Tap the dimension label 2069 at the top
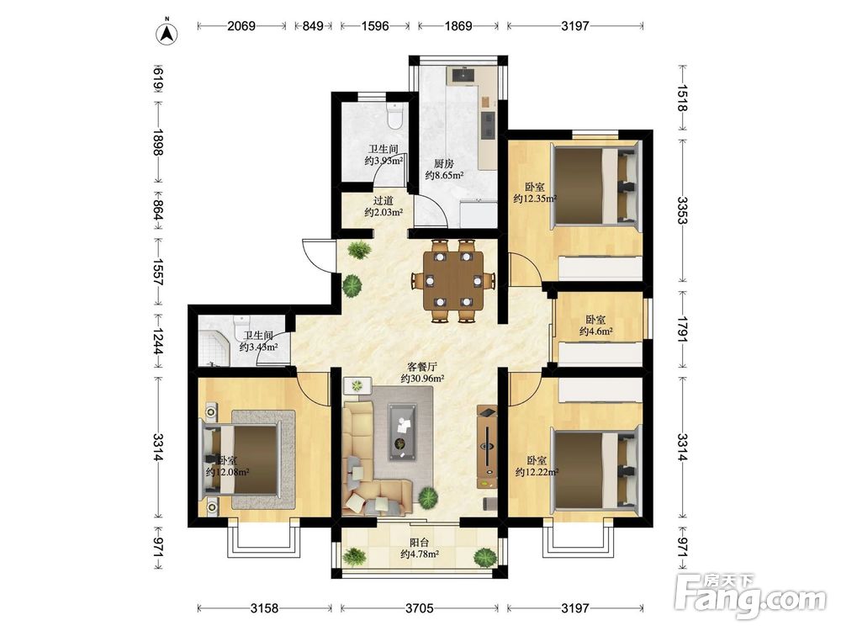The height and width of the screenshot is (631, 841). tap(241, 25)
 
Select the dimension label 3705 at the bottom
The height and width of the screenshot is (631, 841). tap(420, 607)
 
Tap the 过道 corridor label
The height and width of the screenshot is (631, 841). tap(383, 201)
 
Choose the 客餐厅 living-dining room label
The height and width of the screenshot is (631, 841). tap(423, 367)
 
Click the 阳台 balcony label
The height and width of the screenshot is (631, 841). tap(420, 543)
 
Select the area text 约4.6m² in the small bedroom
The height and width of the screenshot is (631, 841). tap(596, 331)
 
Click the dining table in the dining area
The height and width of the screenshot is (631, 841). tap(453, 281)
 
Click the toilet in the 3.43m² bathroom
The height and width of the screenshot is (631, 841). tap(241, 326)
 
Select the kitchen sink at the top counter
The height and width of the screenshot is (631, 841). tap(462, 75)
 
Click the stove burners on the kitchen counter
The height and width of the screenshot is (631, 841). tap(488, 124)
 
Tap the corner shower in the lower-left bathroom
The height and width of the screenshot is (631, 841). tap(214, 348)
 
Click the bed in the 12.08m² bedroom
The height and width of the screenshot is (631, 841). tap(246, 459)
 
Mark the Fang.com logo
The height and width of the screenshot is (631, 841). tap(750, 595)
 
